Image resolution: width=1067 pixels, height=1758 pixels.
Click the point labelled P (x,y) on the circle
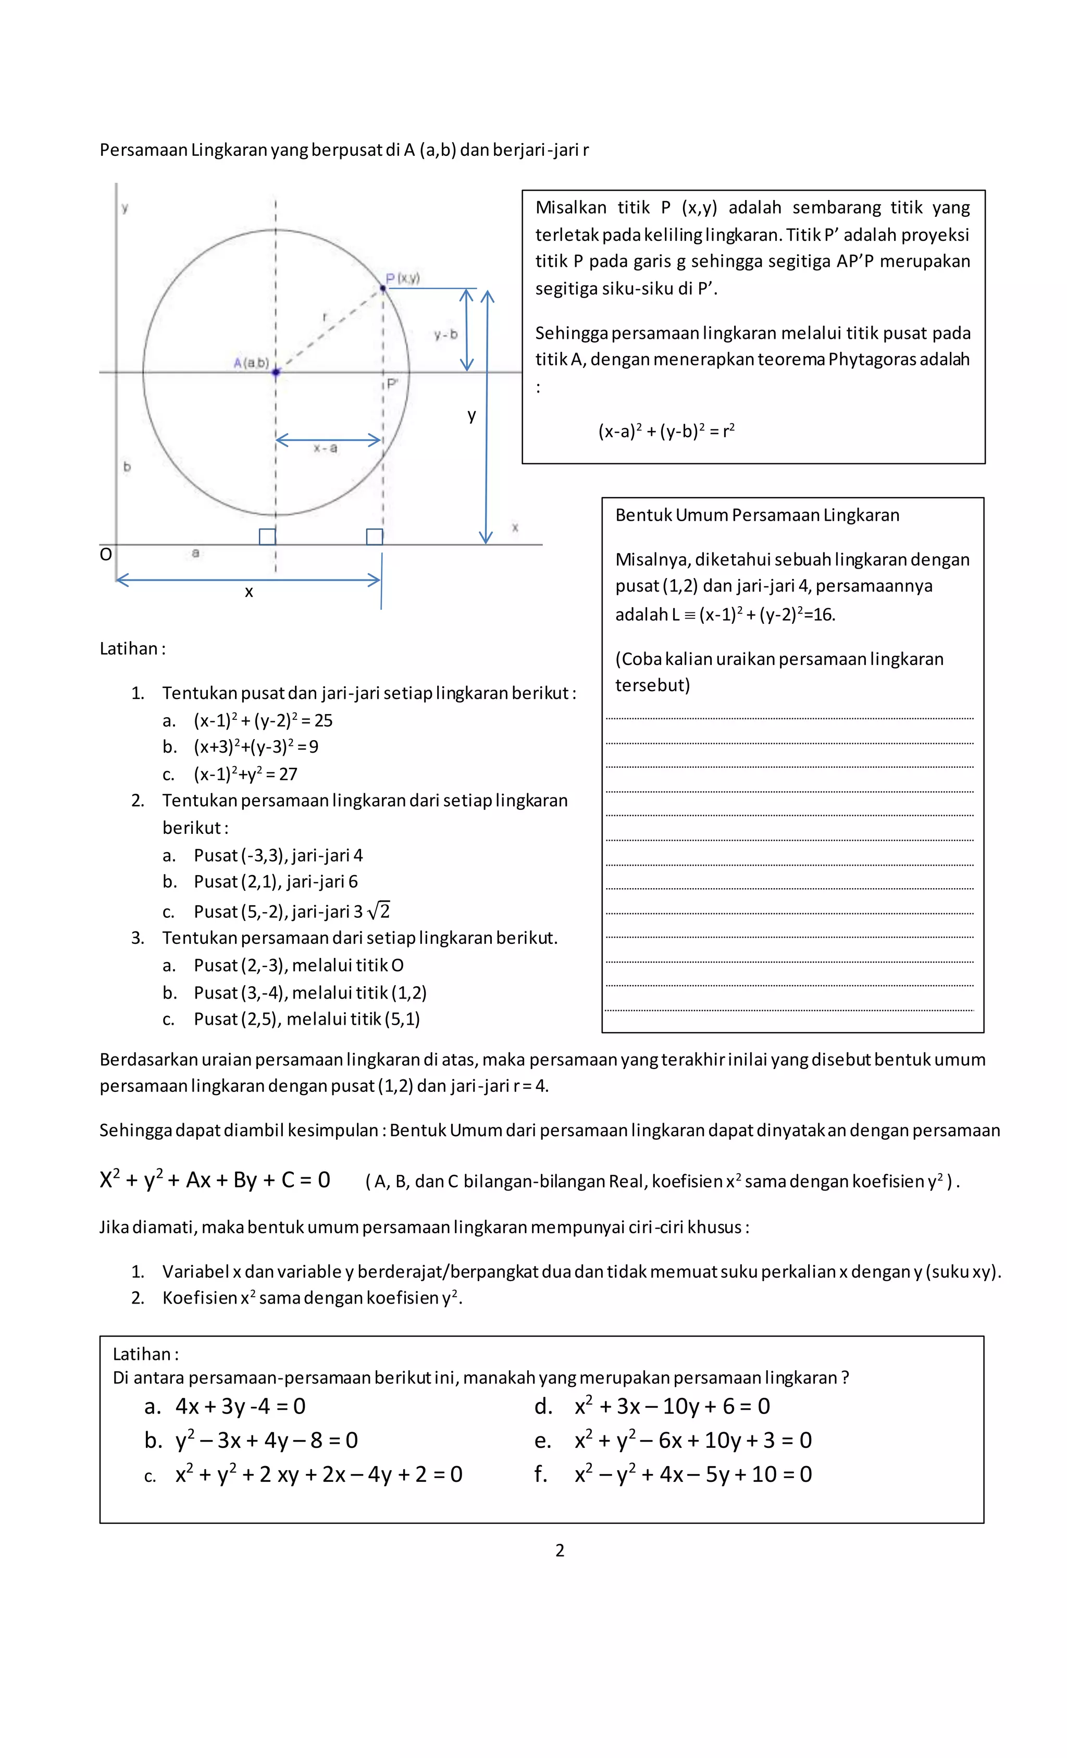point(383,288)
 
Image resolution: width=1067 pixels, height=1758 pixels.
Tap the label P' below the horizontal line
point(392,384)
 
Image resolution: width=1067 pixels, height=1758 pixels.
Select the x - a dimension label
point(325,448)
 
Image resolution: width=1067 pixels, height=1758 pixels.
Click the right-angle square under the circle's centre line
point(267,536)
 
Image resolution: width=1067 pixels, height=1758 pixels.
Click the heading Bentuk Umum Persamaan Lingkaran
point(756,515)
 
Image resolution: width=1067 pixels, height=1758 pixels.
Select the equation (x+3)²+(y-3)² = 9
point(256,747)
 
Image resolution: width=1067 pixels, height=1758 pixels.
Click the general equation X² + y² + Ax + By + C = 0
point(215,1180)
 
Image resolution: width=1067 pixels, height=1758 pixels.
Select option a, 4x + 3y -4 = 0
point(240,1406)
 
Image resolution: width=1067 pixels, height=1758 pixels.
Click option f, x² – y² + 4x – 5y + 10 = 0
point(692,1474)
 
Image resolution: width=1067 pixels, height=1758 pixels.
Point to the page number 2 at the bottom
point(560,1551)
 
